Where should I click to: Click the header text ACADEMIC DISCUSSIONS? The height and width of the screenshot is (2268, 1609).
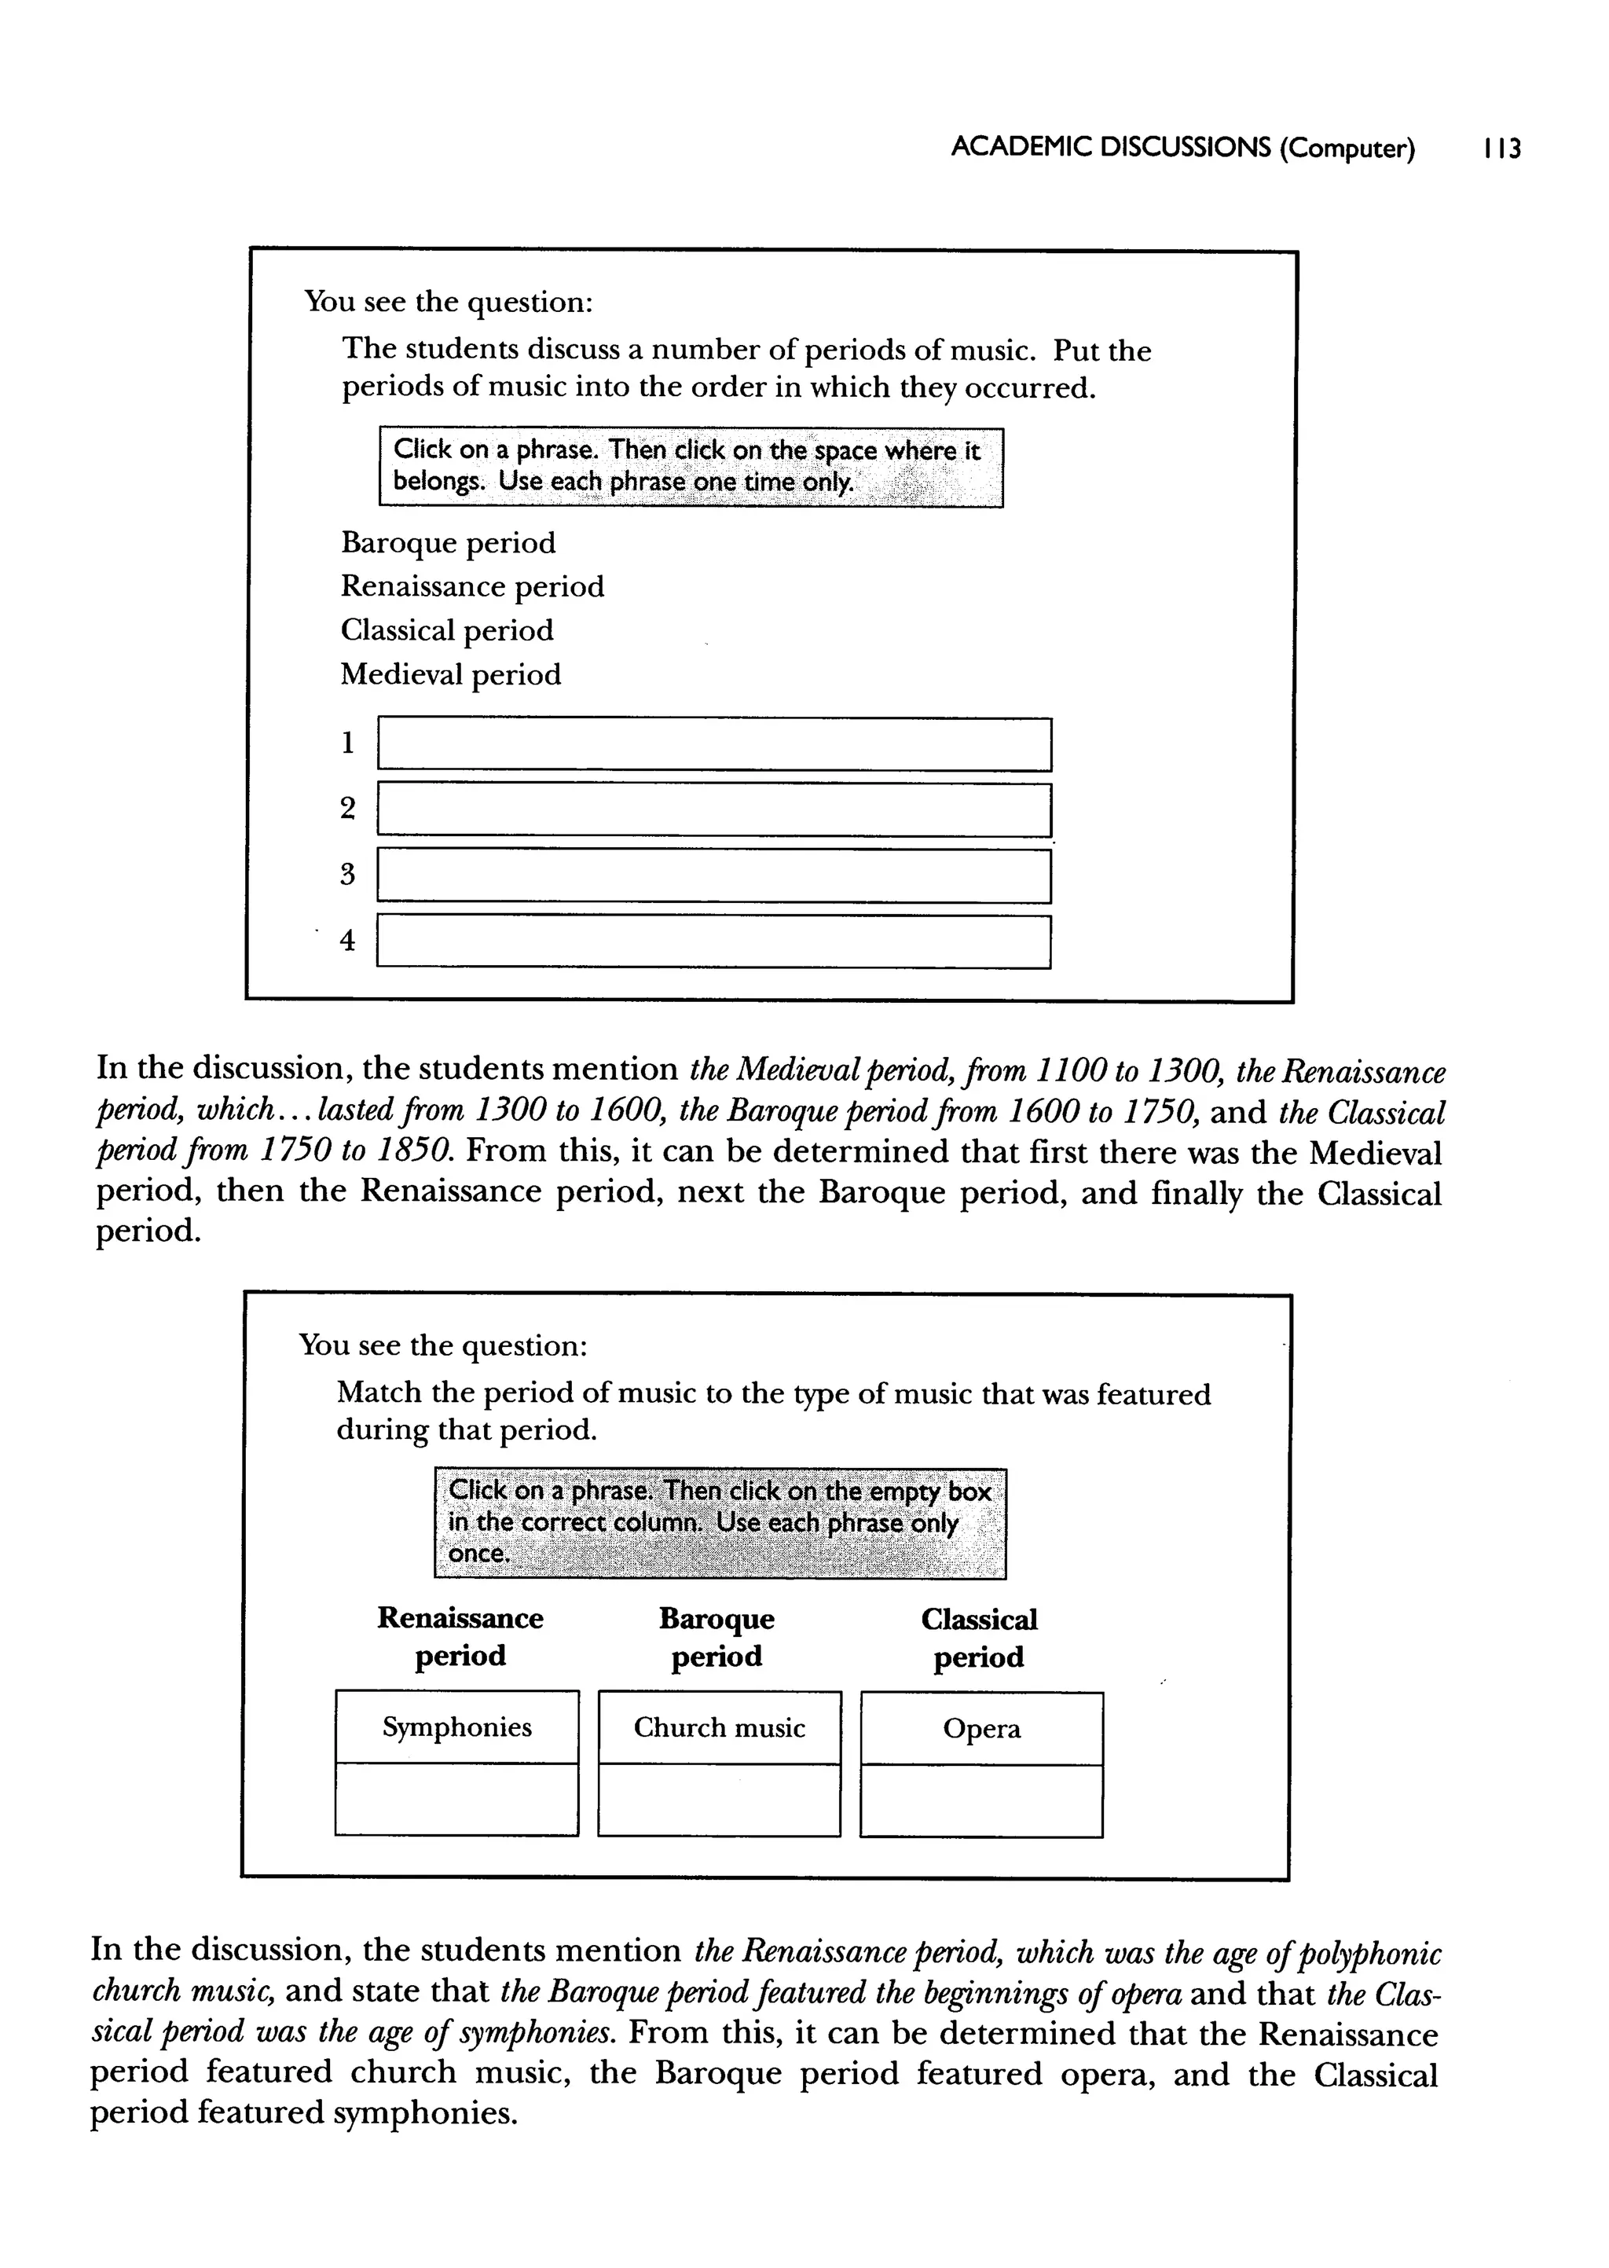pyautogui.click(x=1109, y=149)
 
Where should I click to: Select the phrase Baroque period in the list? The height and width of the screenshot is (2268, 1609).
pyautogui.click(x=448, y=543)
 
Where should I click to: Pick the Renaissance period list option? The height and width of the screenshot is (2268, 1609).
pyautogui.click(x=471, y=586)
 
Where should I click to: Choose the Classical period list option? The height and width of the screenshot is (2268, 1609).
pyautogui.click(x=447, y=630)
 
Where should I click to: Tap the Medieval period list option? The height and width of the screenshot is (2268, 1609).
pyautogui.click(x=451, y=675)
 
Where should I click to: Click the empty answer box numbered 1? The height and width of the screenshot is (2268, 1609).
pyautogui.click(x=713, y=744)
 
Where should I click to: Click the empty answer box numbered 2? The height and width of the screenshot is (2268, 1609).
pyautogui.click(x=713, y=809)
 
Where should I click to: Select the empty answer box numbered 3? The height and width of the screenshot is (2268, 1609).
pyautogui.click(x=713, y=876)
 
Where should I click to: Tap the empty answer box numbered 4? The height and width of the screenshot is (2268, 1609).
pyautogui.click(x=713, y=941)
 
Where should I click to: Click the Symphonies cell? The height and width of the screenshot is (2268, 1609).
pyautogui.click(x=456, y=1727)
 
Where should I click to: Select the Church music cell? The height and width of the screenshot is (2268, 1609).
pyautogui.click(x=720, y=1728)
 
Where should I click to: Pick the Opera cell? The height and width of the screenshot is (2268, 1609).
pyautogui.click(x=980, y=1729)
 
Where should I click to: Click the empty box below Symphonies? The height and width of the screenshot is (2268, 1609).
pyautogui.click(x=456, y=1800)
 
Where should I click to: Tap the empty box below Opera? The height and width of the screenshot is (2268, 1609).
pyautogui.click(x=980, y=1800)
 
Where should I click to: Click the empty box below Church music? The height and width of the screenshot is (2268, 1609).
pyautogui.click(x=720, y=1800)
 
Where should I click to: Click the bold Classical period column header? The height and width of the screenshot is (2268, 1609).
pyautogui.click(x=979, y=1638)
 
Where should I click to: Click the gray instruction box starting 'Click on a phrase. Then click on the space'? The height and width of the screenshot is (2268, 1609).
pyautogui.click(x=691, y=467)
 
